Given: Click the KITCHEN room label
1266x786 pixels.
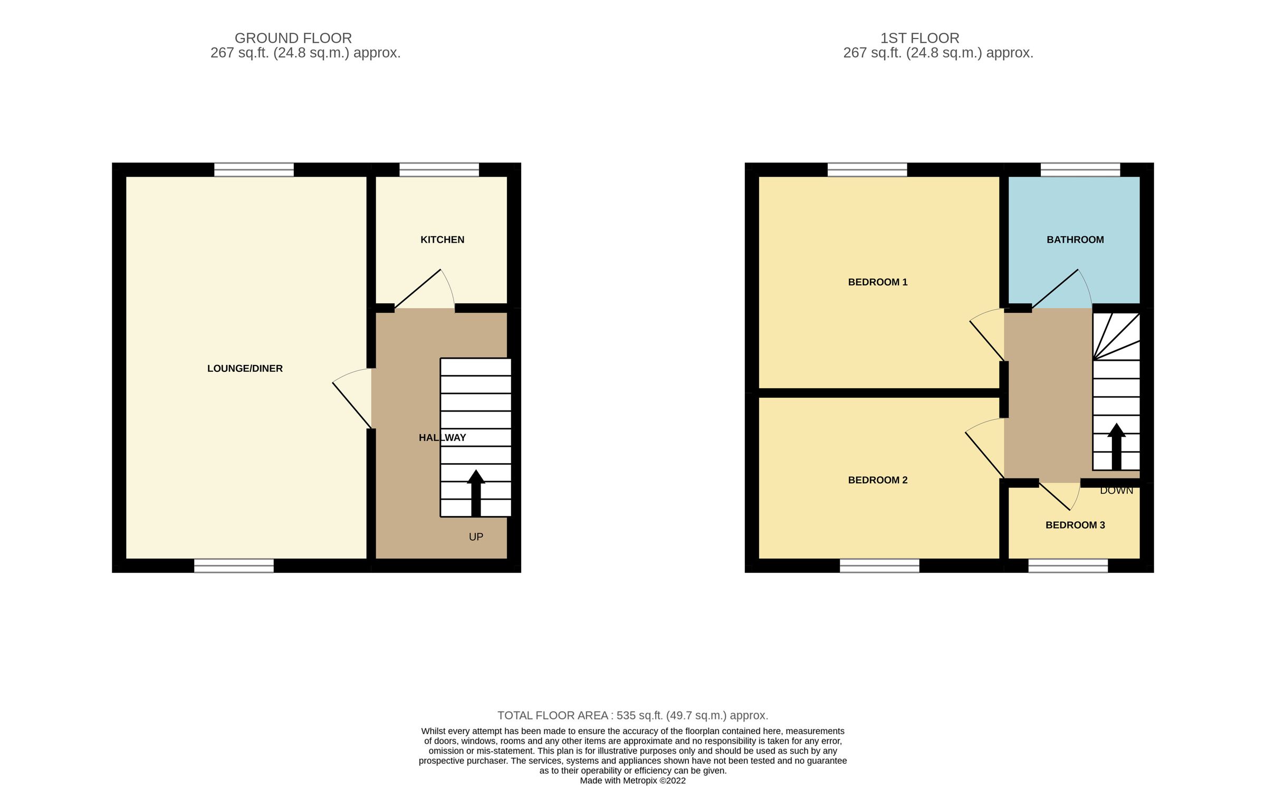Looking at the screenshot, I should coord(442,239).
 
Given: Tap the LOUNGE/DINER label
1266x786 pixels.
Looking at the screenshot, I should coord(245,368).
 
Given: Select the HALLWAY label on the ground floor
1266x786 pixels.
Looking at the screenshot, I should coord(442,437).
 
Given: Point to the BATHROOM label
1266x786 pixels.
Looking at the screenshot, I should coord(1075,239).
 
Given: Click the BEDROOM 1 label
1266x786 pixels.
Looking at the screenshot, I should coord(877,282).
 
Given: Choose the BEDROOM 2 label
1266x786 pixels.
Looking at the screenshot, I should coord(877,480).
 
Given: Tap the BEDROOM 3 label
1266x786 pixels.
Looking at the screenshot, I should coord(1075,525).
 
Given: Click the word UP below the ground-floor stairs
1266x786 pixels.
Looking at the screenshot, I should coord(476,537).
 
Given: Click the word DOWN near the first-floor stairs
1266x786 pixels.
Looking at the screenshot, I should coord(1116,491).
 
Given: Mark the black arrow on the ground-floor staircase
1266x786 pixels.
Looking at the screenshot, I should coord(476,492).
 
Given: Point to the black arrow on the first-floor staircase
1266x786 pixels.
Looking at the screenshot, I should coord(1116,446).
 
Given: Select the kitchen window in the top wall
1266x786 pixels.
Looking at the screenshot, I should coord(439,170).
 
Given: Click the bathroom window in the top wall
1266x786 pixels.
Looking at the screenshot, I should coord(1080,170).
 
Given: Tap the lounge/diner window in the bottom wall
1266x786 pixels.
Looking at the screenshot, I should coord(234,565).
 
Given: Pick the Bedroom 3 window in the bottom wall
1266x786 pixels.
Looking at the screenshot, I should coord(1068,565).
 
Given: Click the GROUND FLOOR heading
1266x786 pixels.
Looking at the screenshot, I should coord(293,38).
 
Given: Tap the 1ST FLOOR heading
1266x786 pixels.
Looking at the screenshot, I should coord(919,38).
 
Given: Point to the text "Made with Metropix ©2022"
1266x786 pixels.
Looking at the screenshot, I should coord(632,780).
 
